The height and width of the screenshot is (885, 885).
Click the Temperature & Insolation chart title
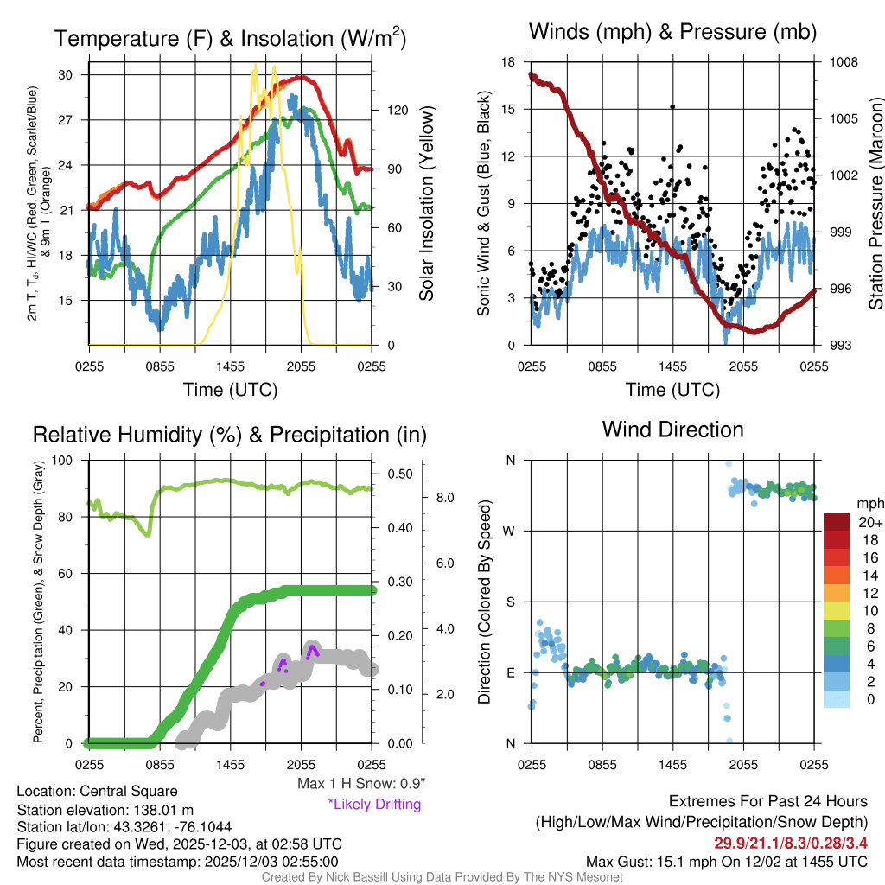230,39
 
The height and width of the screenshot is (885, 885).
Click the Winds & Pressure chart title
672,33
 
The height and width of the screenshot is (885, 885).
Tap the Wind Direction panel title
672,430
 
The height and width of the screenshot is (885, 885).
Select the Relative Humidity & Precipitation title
229,435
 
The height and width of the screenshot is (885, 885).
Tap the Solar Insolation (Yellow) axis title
426,204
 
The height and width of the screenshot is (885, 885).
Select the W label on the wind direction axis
510,531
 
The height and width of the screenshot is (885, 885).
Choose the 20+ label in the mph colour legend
869,522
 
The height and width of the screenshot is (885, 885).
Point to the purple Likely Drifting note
374,805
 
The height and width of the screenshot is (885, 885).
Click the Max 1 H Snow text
360,784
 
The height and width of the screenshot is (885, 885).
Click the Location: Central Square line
97,791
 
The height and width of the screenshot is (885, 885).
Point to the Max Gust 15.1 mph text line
727,861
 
